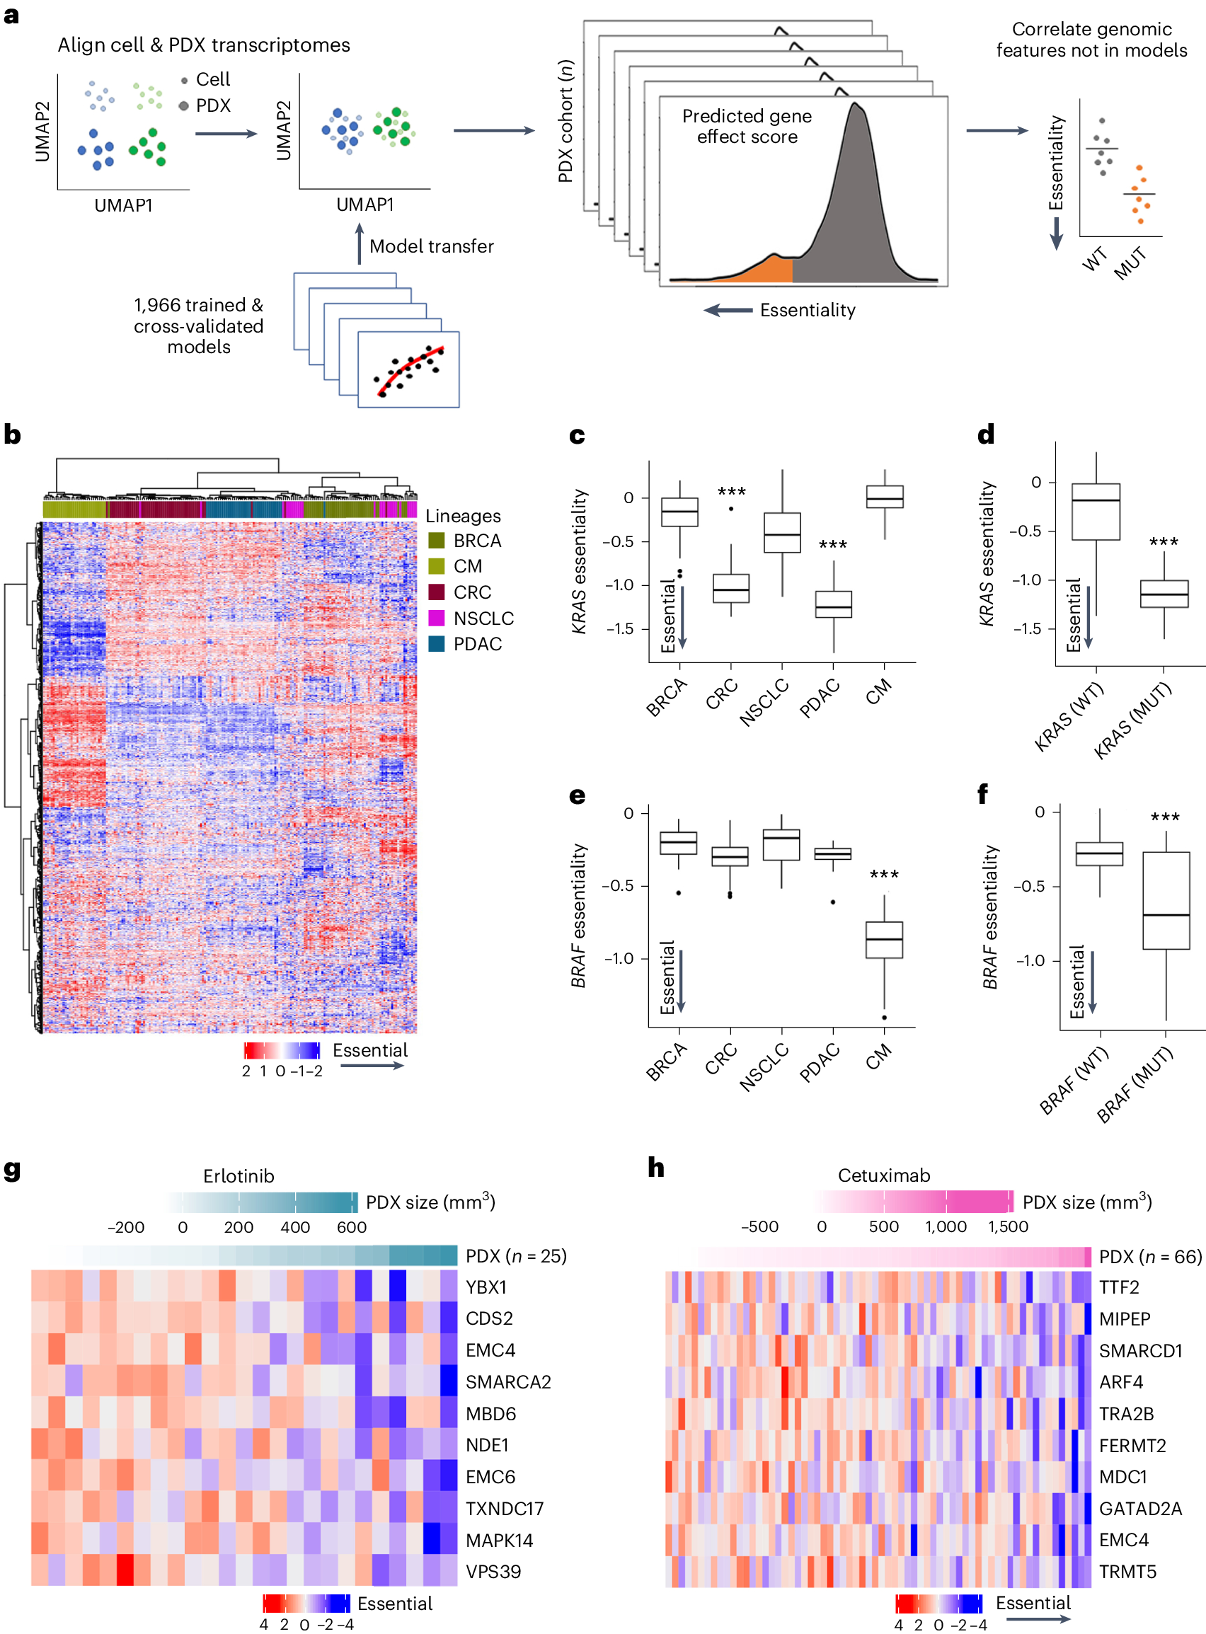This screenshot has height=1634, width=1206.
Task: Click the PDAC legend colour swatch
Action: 437,645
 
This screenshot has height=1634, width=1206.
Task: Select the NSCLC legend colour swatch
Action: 437,618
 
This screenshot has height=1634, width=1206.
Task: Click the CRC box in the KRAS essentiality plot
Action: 731,589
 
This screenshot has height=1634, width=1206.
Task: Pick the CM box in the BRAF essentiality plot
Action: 884,940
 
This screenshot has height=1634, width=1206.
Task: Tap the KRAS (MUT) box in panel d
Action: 1164,594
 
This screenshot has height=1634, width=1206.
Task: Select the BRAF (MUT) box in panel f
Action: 1166,902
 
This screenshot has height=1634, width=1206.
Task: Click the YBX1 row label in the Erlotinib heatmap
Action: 486,1287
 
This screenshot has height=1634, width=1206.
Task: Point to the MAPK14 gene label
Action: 500,1541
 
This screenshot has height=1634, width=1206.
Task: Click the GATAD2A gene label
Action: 1140,1509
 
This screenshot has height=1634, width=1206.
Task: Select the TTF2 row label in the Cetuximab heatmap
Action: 1119,1287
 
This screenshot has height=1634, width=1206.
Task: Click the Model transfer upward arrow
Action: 359,244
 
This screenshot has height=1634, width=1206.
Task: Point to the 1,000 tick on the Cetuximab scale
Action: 946,1227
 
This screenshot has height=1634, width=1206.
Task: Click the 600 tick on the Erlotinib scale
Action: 352,1228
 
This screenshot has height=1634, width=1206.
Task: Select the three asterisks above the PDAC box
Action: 833,545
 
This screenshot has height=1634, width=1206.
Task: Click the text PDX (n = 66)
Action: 1150,1257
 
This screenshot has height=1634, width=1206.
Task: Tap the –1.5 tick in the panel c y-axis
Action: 619,629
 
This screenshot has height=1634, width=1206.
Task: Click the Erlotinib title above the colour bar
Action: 239,1176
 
